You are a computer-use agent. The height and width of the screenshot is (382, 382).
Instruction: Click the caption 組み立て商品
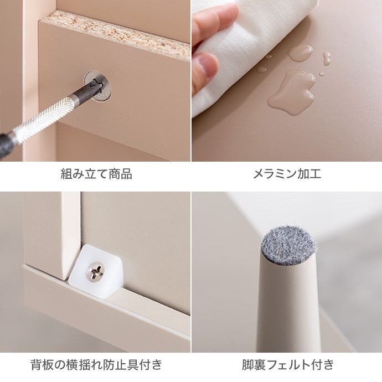point(96,174)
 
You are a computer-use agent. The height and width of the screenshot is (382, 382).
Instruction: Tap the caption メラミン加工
point(287,174)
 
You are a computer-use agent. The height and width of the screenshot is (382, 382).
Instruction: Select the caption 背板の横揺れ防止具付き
point(96,365)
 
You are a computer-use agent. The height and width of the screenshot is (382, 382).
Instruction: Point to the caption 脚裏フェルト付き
point(288,365)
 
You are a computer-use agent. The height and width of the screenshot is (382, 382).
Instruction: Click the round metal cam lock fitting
point(97,86)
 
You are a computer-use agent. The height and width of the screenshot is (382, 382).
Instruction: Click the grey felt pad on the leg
point(288,246)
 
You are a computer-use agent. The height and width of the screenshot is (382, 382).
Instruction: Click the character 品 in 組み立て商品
point(126,174)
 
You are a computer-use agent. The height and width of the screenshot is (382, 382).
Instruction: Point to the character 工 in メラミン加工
point(316,174)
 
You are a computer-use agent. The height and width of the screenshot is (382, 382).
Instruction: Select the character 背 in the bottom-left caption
point(37,365)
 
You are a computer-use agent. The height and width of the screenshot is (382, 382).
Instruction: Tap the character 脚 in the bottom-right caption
point(248,365)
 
